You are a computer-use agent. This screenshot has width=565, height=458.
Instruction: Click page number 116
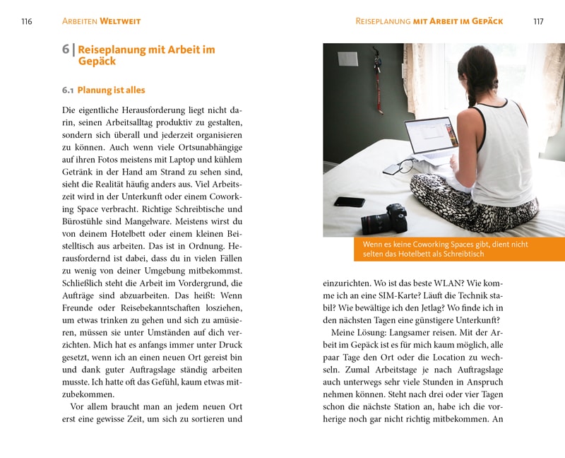point(26,21)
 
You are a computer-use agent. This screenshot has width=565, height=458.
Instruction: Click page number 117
point(538,21)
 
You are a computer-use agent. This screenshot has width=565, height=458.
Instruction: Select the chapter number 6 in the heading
point(66,49)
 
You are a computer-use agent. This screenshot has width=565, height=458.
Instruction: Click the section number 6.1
point(68,90)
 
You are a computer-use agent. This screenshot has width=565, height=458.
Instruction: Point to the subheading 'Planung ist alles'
point(111,90)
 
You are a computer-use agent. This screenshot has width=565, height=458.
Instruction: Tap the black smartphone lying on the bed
point(349,201)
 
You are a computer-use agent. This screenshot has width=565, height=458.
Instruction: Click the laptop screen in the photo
point(431,136)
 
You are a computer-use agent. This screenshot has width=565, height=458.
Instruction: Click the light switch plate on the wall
point(347,59)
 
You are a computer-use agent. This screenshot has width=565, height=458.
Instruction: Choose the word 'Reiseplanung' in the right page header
point(382,21)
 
